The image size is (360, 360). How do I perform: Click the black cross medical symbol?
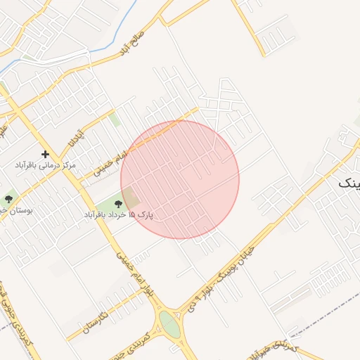(46, 154)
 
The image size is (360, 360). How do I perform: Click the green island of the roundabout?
(169, 324)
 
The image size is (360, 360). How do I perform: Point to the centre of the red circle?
(180, 180)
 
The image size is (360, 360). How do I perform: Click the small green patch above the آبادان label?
(115, 120)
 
